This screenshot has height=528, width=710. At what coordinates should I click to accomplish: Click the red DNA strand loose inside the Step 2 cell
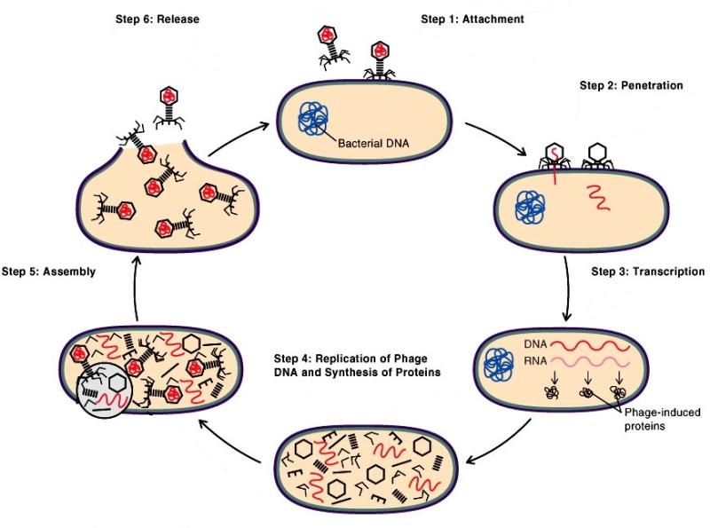click(597, 199)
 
